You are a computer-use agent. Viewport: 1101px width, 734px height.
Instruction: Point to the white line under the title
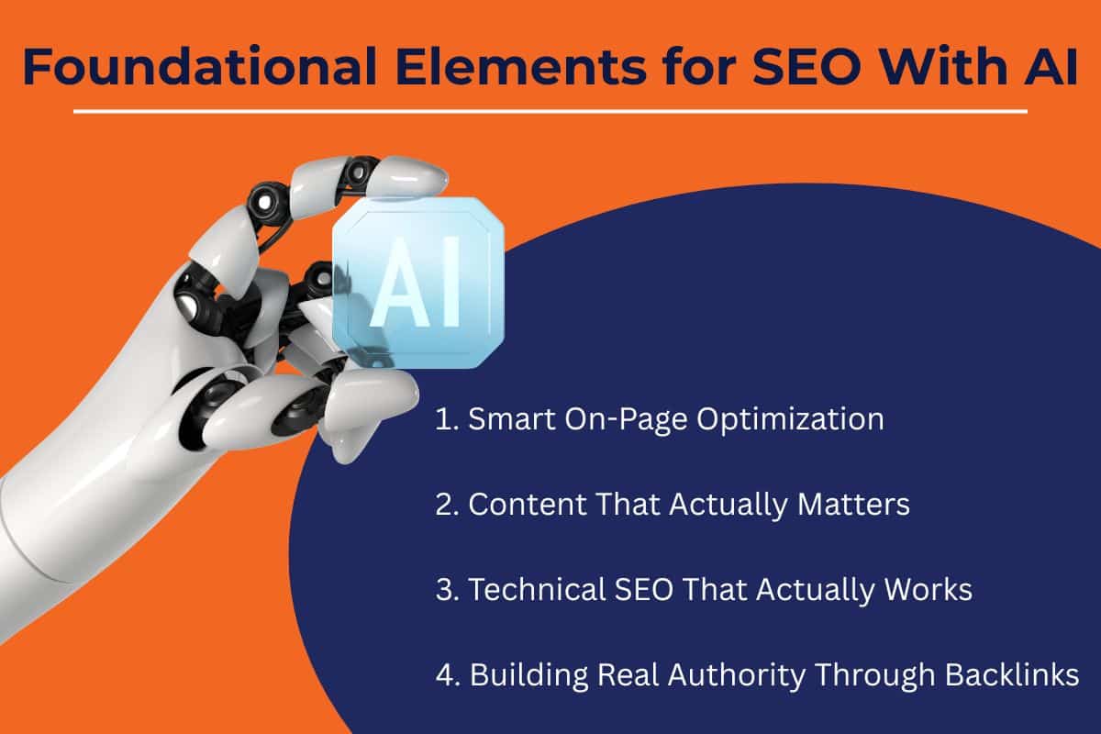(x=550, y=112)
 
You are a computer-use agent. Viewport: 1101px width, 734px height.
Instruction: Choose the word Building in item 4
(x=524, y=676)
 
